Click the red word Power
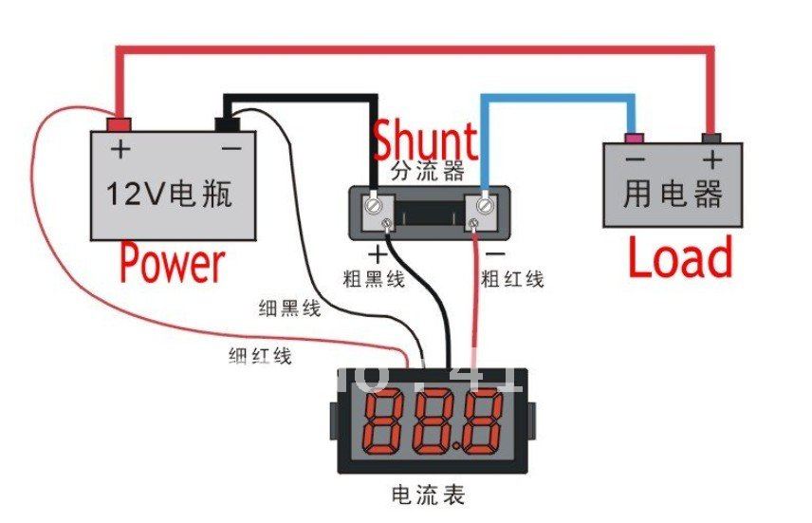coord(173,263)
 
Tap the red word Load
coord(681,257)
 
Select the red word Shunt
coord(425,141)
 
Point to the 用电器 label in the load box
coord(673,194)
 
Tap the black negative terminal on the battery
coord(229,124)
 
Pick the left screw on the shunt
coord(375,202)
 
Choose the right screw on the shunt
coord(486,203)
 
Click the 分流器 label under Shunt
coord(427,172)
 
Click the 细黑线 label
coord(290,308)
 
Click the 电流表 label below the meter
coord(429,495)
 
